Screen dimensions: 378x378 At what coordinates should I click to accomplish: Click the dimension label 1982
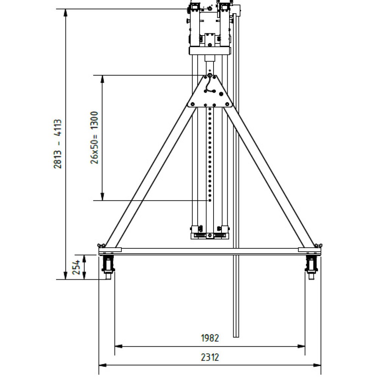(210, 338)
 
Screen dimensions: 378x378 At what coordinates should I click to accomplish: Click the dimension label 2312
(210, 357)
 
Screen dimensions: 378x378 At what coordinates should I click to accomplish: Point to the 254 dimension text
(76, 267)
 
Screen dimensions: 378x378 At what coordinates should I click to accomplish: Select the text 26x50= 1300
(94, 138)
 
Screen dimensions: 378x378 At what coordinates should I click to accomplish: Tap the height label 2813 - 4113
(57, 144)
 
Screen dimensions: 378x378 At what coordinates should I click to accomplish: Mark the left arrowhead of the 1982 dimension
(118, 346)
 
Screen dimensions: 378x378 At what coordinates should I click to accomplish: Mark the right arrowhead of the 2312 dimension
(317, 365)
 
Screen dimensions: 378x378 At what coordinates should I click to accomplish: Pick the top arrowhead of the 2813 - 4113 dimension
(65, 12)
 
